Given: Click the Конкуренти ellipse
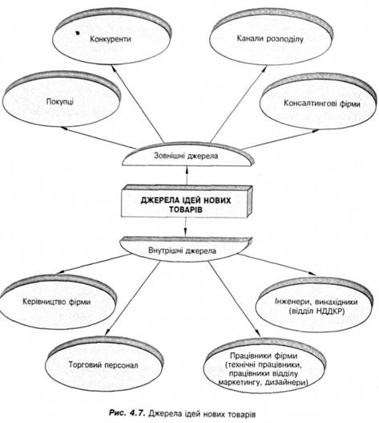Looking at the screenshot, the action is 111,37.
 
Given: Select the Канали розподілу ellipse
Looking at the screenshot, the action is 271,37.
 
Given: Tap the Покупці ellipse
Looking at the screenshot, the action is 62,100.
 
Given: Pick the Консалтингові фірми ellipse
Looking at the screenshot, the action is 318,103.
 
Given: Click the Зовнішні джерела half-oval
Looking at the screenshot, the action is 187,155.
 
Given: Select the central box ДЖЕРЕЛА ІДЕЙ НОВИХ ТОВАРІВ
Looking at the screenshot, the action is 187,201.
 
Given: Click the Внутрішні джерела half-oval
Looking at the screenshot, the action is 186,249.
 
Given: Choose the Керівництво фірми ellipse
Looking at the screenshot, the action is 58,303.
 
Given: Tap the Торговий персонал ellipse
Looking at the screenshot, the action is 104,364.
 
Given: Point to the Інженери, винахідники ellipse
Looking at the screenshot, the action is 315,305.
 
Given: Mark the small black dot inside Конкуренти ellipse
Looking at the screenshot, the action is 78,33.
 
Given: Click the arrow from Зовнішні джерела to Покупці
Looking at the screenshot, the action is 98,137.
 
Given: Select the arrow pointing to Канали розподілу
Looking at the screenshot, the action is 239,104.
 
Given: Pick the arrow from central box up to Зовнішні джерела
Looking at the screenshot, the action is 187,176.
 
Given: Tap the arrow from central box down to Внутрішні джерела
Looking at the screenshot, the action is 185,227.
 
